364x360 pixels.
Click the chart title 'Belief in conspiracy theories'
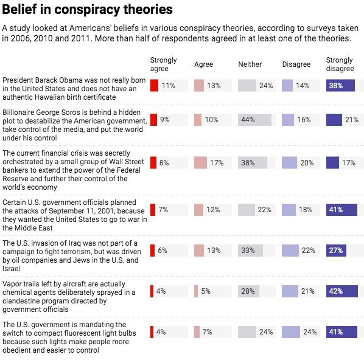click(87, 10)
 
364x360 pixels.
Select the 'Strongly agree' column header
click(163, 64)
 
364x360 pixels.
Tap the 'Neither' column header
click(250, 64)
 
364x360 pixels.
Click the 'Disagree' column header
click(296, 64)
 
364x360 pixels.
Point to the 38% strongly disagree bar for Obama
click(334, 86)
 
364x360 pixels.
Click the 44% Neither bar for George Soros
click(254, 120)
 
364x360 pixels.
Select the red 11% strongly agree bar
click(154, 86)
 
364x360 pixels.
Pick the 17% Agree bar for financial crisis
click(200, 162)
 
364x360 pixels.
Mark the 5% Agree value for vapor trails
click(206, 291)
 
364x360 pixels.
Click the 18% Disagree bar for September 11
click(289, 210)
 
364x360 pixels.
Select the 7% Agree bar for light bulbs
click(197, 332)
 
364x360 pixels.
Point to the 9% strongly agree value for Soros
click(164, 120)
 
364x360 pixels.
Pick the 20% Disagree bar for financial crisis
click(290, 162)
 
